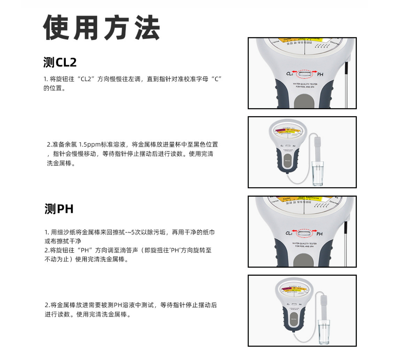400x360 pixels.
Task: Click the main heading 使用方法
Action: (x=101, y=28)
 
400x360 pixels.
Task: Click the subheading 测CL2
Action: (x=60, y=62)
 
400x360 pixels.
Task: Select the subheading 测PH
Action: (x=59, y=209)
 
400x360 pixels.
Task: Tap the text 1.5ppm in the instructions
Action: (x=90, y=145)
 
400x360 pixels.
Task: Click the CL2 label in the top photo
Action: (x=290, y=73)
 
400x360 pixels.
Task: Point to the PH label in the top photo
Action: (x=320, y=74)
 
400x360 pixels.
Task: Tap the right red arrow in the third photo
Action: (x=314, y=231)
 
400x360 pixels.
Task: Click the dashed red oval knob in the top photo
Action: (x=304, y=74)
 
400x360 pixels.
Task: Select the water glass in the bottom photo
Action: (x=324, y=332)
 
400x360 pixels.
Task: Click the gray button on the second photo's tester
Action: (x=287, y=161)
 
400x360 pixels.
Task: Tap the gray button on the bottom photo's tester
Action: (x=294, y=320)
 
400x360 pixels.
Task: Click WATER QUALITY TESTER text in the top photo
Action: (x=305, y=84)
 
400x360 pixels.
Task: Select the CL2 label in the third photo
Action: (x=289, y=233)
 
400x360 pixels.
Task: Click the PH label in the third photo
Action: (x=320, y=234)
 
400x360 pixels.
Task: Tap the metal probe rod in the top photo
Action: (x=346, y=85)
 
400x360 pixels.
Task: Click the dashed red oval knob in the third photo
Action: (x=304, y=233)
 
